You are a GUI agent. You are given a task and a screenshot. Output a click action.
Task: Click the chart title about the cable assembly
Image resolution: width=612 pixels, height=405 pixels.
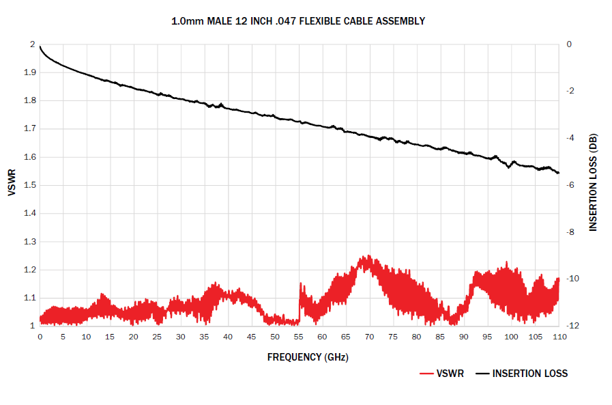(298, 21)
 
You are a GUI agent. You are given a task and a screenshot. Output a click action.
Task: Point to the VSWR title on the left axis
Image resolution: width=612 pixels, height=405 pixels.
(12, 184)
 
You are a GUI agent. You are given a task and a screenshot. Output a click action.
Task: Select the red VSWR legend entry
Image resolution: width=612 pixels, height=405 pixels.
(441, 374)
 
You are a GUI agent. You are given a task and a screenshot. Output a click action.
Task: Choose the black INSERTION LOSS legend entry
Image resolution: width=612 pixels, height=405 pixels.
(522, 374)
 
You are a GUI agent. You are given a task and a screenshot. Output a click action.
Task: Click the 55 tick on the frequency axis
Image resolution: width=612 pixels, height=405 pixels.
(298, 337)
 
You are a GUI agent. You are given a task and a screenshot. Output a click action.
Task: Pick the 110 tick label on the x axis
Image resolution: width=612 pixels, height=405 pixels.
(558, 337)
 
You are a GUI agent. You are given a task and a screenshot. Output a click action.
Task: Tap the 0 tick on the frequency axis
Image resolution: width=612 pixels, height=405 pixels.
(40, 337)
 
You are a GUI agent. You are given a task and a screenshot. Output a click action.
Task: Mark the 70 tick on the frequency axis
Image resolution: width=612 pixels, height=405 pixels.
(369, 337)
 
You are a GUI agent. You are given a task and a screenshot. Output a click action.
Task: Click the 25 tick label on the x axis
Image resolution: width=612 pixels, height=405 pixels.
(158, 337)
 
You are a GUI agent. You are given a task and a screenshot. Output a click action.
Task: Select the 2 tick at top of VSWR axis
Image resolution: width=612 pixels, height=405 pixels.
(31, 44)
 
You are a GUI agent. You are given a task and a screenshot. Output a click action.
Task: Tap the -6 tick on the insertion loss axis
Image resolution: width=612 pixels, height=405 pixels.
(570, 185)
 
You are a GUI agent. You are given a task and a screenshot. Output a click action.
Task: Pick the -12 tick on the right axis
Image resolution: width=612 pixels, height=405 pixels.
(572, 326)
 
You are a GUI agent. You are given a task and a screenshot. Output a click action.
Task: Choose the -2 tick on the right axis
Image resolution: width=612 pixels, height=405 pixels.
(570, 92)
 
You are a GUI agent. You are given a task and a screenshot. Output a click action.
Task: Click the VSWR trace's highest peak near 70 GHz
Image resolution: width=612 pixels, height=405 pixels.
(369, 257)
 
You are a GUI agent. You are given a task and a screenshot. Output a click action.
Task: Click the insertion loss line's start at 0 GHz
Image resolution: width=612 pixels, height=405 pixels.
(40, 46)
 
